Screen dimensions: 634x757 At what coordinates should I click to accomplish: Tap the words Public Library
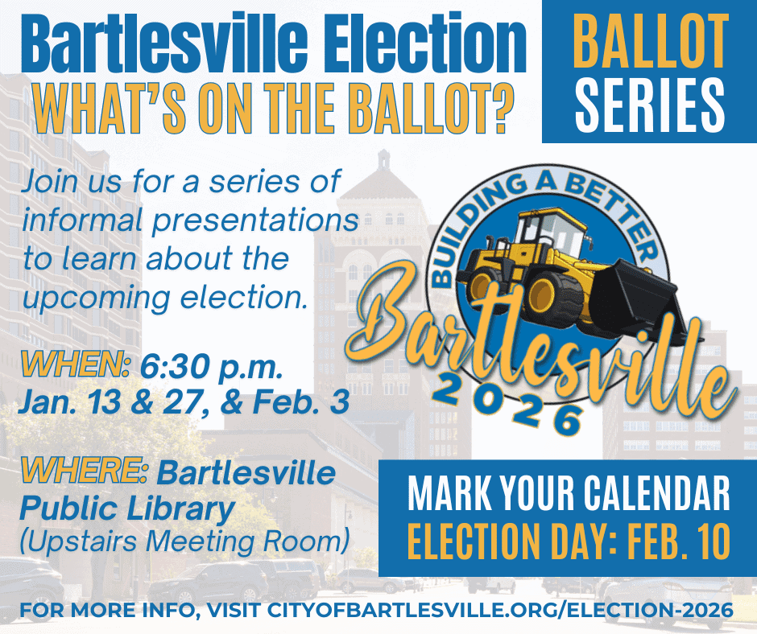point(126,508)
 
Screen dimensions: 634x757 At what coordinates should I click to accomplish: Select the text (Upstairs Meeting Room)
point(184,540)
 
